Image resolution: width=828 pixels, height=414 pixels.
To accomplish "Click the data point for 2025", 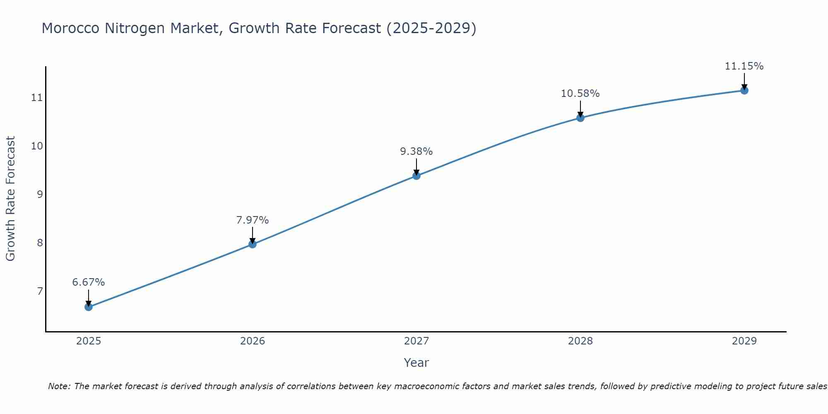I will click(89, 307).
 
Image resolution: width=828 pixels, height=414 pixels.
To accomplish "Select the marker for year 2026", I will click(253, 244).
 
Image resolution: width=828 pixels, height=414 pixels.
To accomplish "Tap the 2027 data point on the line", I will click(416, 176).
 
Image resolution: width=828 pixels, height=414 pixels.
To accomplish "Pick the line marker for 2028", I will click(580, 118).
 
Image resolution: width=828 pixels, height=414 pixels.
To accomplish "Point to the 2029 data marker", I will click(744, 90).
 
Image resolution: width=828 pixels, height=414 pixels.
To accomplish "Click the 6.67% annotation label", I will click(89, 282).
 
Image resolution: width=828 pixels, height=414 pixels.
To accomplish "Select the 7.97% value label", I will click(253, 220).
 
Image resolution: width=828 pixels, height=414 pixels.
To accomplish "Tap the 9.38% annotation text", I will click(416, 152).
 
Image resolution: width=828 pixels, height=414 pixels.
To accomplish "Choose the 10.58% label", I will click(580, 94).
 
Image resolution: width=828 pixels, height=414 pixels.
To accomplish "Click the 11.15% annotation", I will click(744, 66).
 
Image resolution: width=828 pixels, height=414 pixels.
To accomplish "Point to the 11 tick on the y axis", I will click(37, 98).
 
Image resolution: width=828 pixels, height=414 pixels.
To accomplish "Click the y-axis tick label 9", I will click(40, 194).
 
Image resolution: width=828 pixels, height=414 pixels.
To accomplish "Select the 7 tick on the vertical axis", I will click(40, 291).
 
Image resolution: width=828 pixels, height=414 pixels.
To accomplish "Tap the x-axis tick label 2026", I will click(253, 341).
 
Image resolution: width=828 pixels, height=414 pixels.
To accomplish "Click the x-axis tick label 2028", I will click(580, 341).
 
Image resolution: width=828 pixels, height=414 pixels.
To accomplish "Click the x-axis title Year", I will click(416, 363).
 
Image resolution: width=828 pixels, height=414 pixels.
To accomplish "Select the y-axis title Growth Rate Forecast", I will click(11, 199).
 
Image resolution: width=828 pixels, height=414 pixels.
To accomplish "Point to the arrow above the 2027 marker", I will click(416, 166).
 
